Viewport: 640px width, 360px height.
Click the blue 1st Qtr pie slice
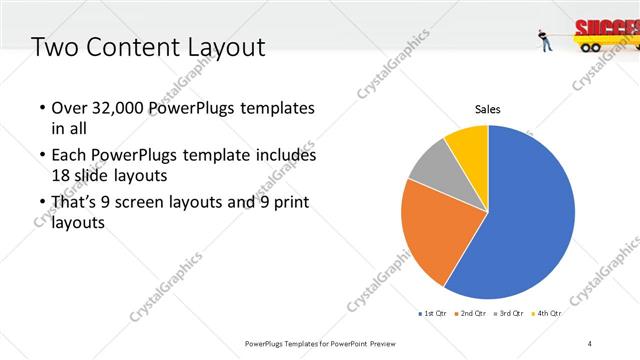pos(530,220)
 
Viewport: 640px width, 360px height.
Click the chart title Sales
pos(487,109)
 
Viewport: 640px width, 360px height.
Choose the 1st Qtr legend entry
pos(433,314)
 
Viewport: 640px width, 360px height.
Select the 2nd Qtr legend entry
pos(472,314)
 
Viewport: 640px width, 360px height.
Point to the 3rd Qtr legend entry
pos(510,314)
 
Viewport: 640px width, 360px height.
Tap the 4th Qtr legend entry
pos(547,314)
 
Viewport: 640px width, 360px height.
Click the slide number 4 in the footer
pos(590,344)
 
